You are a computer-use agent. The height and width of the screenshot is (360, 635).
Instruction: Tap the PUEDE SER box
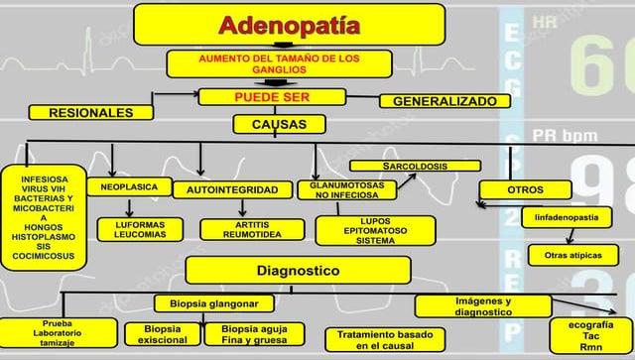[x=271, y=97]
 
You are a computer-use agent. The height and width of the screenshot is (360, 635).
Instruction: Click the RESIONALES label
[x=90, y=112]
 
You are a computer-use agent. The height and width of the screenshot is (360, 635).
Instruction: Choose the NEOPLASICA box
[x=127, y=186]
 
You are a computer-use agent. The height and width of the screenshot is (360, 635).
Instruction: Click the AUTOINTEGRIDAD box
[x=232, y=188]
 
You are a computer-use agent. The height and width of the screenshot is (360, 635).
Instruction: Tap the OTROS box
[x=525, y=189]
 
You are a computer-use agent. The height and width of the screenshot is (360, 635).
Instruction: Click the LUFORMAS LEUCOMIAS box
[x=140, y=230]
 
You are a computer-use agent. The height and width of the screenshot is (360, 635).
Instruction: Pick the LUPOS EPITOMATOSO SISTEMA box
[x=375, y=230]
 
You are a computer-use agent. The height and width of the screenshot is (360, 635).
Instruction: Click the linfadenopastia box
[x=567, y=216]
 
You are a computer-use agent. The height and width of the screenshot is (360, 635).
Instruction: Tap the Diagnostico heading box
[x=298, y=270]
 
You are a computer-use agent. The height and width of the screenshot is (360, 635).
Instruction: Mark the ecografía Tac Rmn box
[x=591, y=336]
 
